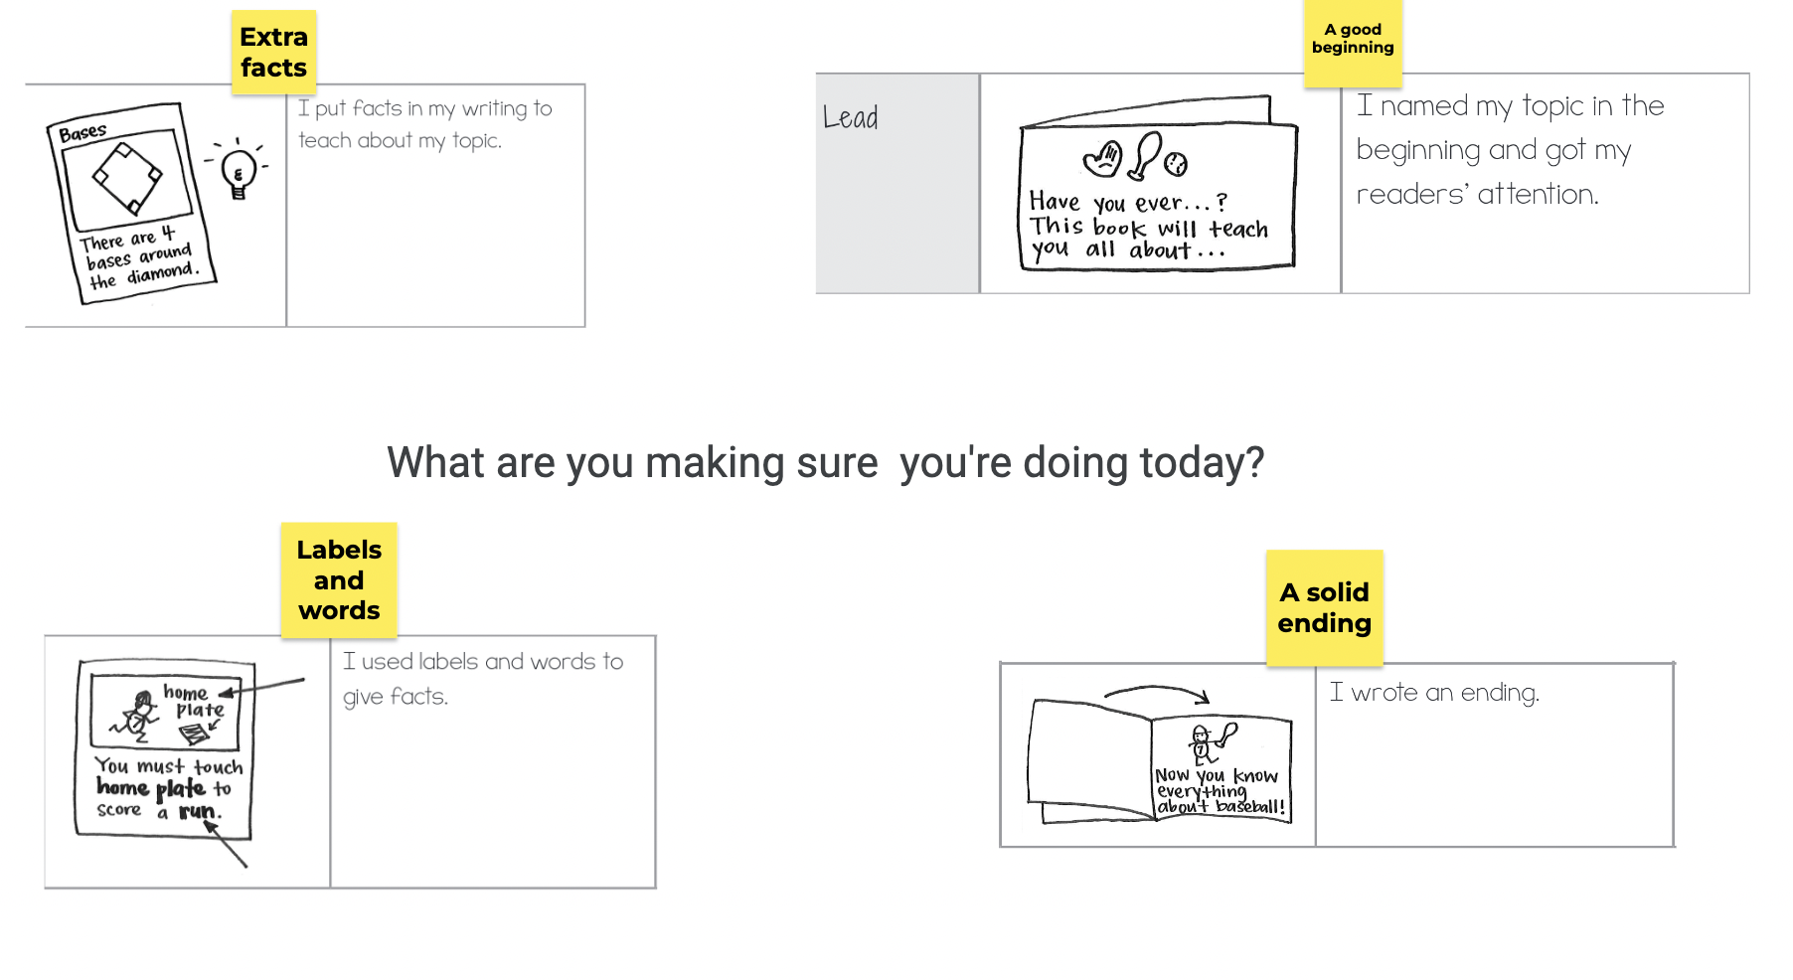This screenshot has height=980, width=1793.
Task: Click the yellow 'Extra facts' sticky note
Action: (273, 53)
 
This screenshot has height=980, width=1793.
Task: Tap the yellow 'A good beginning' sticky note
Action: (1353, 42)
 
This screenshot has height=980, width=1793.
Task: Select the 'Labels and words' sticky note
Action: (339, 580)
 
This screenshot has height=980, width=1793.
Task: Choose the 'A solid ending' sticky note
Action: (1324, 608)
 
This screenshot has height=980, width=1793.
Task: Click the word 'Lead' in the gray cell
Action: (850, 118)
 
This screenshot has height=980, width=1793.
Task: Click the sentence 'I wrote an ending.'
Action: (1434, 693)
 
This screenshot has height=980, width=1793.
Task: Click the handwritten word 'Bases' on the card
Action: (82, 132)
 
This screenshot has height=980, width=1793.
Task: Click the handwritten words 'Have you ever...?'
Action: (1128, 202)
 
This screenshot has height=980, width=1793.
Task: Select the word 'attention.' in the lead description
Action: (1538, 194)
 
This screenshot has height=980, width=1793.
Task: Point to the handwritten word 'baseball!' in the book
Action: (1250, 807)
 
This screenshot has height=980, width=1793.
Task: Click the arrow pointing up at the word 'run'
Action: (226, 844)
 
